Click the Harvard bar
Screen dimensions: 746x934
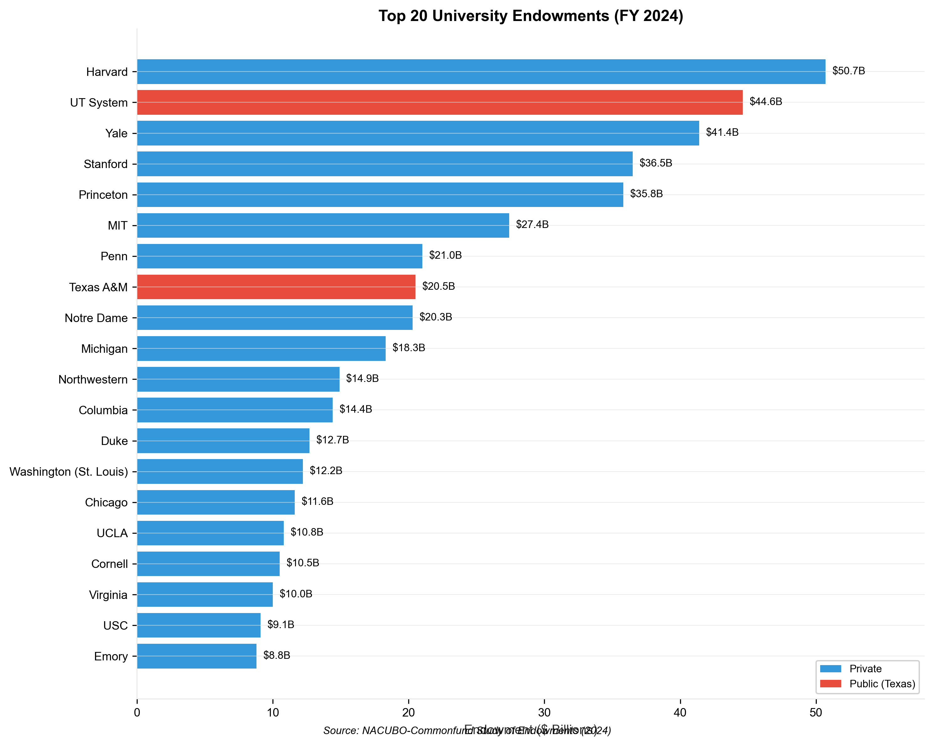(481, 71)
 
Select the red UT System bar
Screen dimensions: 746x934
(440, 102)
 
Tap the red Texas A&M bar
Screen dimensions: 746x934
(276, 287)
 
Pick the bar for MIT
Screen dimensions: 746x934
(323, 225)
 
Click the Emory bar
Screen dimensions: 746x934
(197, 656)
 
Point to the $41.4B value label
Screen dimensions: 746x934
(722, 133)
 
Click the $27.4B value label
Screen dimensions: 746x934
(532, 225)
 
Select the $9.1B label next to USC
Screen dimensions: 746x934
(281, 624)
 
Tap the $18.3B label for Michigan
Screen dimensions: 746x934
(409, 347)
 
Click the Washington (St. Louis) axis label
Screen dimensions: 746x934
(68, 471)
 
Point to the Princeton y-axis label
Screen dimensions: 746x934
(103, 195)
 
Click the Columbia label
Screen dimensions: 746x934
(103, 410)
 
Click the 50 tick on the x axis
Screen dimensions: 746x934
(816, 713)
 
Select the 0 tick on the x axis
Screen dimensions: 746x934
(137, 713)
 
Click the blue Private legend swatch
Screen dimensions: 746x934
(831, 669)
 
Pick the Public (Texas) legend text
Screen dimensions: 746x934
(882, 684)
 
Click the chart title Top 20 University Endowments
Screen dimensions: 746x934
(531, 16)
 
